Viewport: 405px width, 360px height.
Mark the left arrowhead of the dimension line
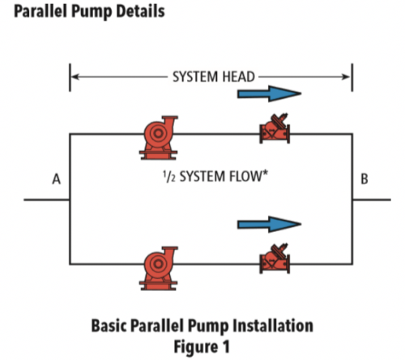(74, 77)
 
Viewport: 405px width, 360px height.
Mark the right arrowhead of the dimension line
(347, 77)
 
